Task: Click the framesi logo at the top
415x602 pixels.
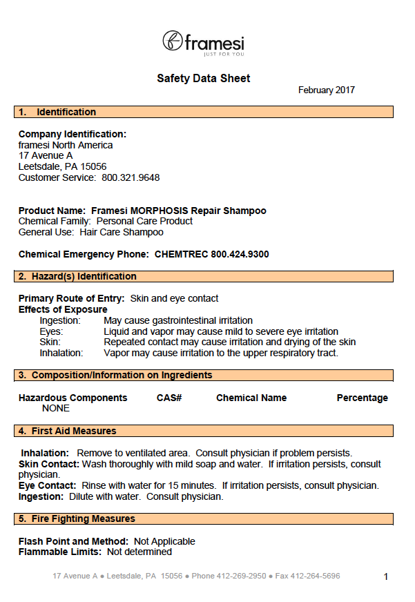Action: (x=203, y=43)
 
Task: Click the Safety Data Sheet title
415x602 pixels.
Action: (x=204, y=79)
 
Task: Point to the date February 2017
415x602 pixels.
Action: (x=327, y=90)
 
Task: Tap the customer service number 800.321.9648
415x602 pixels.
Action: (x=131, y=177)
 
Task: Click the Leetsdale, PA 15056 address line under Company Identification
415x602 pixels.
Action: (x=62, y=166)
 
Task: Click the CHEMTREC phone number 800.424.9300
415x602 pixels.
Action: (x=240, y=254)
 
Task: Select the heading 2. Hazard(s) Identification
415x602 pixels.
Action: (x=77, y=276)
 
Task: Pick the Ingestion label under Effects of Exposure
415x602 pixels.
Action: (x=60, y=320)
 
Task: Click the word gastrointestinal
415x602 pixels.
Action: (x=186, y=320)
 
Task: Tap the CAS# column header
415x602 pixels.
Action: (x=169, y=398)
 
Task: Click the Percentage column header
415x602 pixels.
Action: (x=362, y=398)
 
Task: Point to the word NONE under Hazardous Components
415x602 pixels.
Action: (x=56, y=408)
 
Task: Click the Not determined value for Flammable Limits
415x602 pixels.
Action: (x=139, y=552)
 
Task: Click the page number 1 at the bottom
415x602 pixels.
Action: (x=386, y=576)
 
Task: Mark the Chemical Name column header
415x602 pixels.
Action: (x=251, y=398)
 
